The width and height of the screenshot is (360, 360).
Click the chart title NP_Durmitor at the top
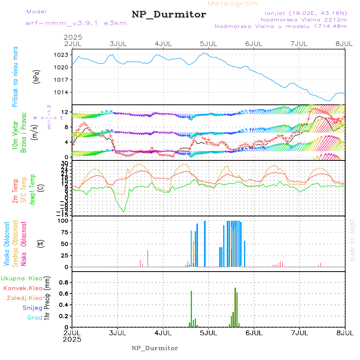[x=169, y=15]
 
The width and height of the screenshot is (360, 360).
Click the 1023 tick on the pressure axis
[x=63, y=54]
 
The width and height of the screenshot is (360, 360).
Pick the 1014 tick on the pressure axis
[x=63, y=92]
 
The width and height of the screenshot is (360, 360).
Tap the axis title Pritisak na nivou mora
[x=15, y=76]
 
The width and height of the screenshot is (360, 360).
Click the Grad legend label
[x=35, y=318]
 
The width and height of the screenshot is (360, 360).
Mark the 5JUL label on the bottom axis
[x=208, y=332]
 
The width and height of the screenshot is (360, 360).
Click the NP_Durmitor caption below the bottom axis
[x=155, y=348]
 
